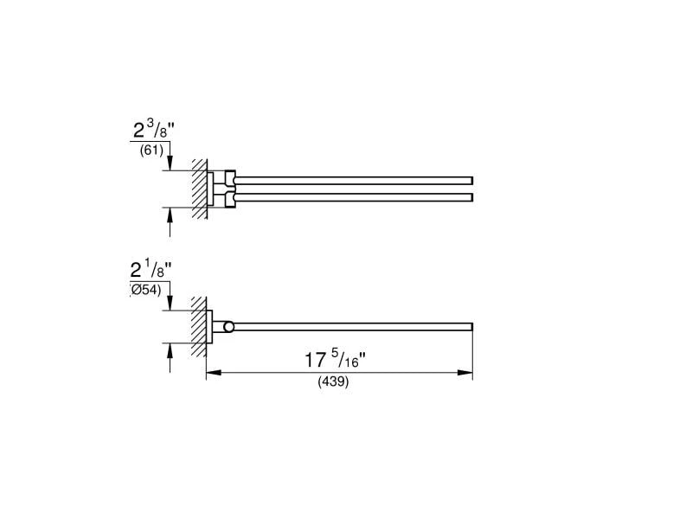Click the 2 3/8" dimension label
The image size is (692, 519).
click(154, 130)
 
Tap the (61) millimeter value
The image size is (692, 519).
click(151, 151)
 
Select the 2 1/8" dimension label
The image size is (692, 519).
click(151, 269)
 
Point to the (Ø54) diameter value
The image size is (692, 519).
click(145, 290)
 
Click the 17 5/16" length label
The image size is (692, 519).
click(336, 360)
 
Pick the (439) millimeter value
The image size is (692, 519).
click(333, 381)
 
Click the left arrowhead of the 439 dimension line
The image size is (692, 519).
click(214, 373)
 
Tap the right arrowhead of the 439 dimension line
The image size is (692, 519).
click(465, 373)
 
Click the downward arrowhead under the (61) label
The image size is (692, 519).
click(170, 163)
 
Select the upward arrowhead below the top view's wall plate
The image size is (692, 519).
click(170, 215)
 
